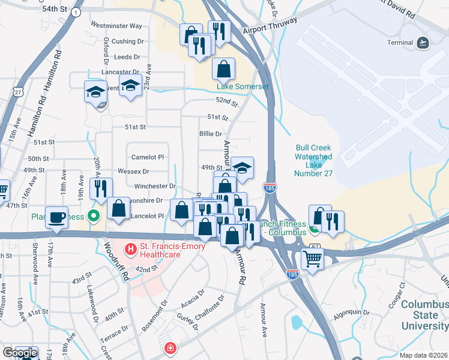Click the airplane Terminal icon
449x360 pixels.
click(423, 43)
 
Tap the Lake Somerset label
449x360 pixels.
click(243, 86)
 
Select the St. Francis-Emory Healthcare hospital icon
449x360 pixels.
click(129, 247)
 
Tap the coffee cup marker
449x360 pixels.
click(58, 218)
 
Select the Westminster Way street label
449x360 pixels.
click(116, 26)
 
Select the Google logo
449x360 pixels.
click(19, 353)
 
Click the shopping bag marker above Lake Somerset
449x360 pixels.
click(223, 70)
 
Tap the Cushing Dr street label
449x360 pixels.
click(128, 41)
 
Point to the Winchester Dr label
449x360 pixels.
click(155, 187)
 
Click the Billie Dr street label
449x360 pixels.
click(210, 134)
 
